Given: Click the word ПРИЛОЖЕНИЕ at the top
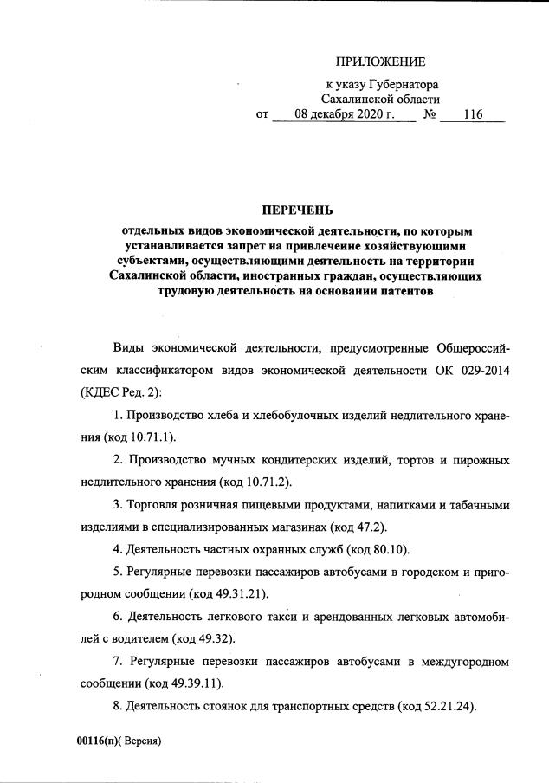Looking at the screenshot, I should click(x=381, y=61).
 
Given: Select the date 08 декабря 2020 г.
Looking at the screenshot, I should click(x=345, y=114).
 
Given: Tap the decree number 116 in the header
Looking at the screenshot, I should click(x=472, y=114).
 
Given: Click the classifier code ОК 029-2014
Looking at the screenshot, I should click(x=468, y=372).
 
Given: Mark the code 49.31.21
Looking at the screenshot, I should click(x=236, y=593).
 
